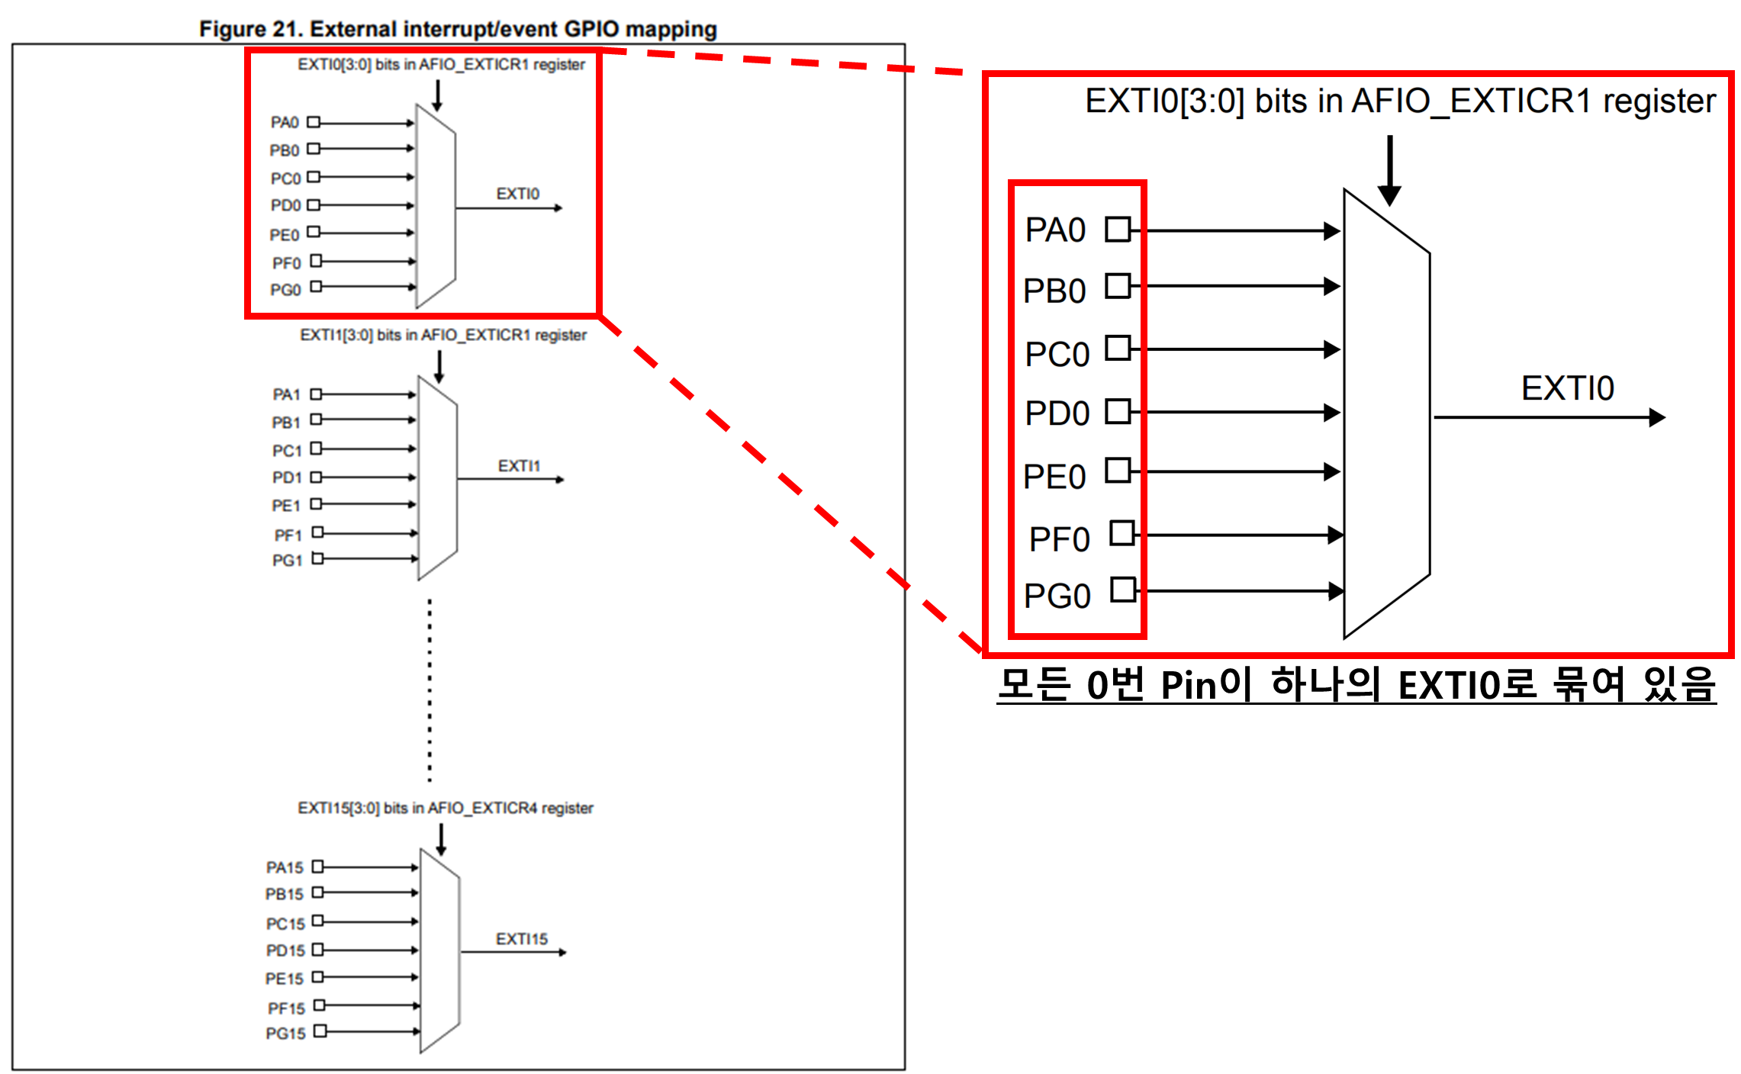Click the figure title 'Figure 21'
click(x=458, y=29)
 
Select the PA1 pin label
click(x=286, y=394)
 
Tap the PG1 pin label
click(x=287, y=561)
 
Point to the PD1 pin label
click(x=287, y=478)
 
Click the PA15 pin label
click(x=285, y=867)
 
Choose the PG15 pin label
click(x=285, y=1034)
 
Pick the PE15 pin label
click(x=285, y=979)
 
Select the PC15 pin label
click(x=285, y=924)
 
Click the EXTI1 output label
click(x=519, y=466)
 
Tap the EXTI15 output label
click(x=522, y=939)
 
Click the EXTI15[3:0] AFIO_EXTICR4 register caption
click(x=446, y=808)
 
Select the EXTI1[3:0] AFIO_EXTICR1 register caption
click(x=443, y=335)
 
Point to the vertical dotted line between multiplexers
click(x=430, y=690)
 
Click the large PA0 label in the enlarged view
click(x=1055, y=230)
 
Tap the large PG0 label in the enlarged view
click(x=1057, y=596)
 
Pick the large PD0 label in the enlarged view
click(x=1057, y=413)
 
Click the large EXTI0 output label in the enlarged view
click(x=1568, y=388)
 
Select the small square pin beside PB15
click(x=318, y=892)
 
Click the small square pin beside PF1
click(x=318, y=532)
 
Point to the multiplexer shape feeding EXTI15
click(x=439, y=950)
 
